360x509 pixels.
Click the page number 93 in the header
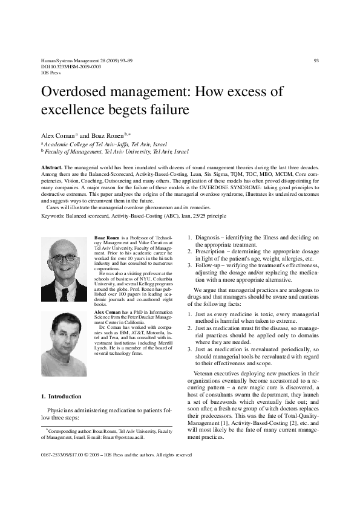pos(316,61)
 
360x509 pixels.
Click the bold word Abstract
pos(51,166)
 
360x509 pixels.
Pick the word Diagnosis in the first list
pos(208,239)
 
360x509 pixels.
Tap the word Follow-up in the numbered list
pos(209,266)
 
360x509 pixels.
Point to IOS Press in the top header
pos(50,73)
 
